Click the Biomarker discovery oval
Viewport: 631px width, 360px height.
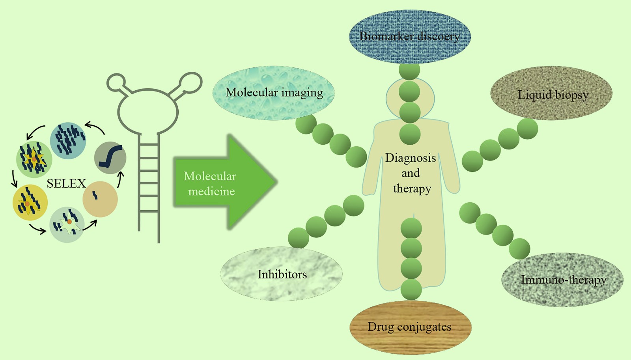click(x=409, y=36)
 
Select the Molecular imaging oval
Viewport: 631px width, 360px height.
click(x=274, y=93)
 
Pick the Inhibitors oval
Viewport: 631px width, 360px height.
click(x=282, y=274)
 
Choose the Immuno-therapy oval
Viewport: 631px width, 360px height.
click(x=562, y=280)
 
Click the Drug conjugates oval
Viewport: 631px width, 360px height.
click(x=410, y=327)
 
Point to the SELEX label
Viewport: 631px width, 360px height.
click(x=66, y=183)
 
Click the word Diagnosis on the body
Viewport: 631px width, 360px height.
click(x=411, y=158)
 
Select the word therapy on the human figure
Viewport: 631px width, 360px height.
click(x=412, y=189)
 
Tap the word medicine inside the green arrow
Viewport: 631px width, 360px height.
click(x=211, y=192)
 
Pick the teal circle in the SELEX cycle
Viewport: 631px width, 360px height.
click(x=68, y=140)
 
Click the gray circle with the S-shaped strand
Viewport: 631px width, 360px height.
click(x=110, y=158)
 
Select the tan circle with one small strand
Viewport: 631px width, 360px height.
click(x=100, y=199)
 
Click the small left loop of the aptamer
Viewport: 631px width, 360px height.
click(x=116, y=82)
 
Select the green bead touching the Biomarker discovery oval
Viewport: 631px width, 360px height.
click(x=409, y=71)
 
